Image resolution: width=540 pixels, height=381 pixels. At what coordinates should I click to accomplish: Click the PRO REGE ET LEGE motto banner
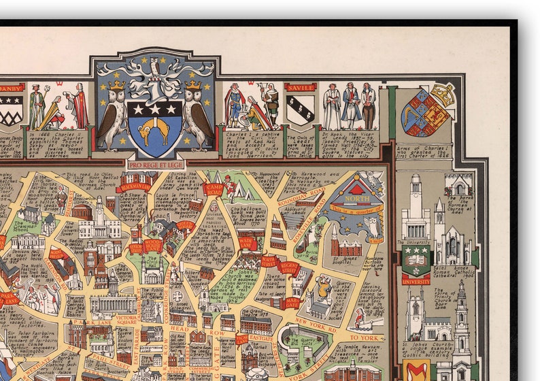[x=156, y=164]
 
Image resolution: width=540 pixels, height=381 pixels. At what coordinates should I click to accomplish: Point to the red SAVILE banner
[x=301, y=87]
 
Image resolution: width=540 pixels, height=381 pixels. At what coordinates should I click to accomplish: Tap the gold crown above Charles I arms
[x=443, y=95]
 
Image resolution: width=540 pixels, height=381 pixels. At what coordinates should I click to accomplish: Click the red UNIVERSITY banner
[x=416, y=280]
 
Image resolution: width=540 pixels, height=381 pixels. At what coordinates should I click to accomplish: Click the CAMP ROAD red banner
[x=214, y=188]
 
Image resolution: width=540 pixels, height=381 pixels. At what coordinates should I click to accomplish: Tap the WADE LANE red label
[x=248, y=243]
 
